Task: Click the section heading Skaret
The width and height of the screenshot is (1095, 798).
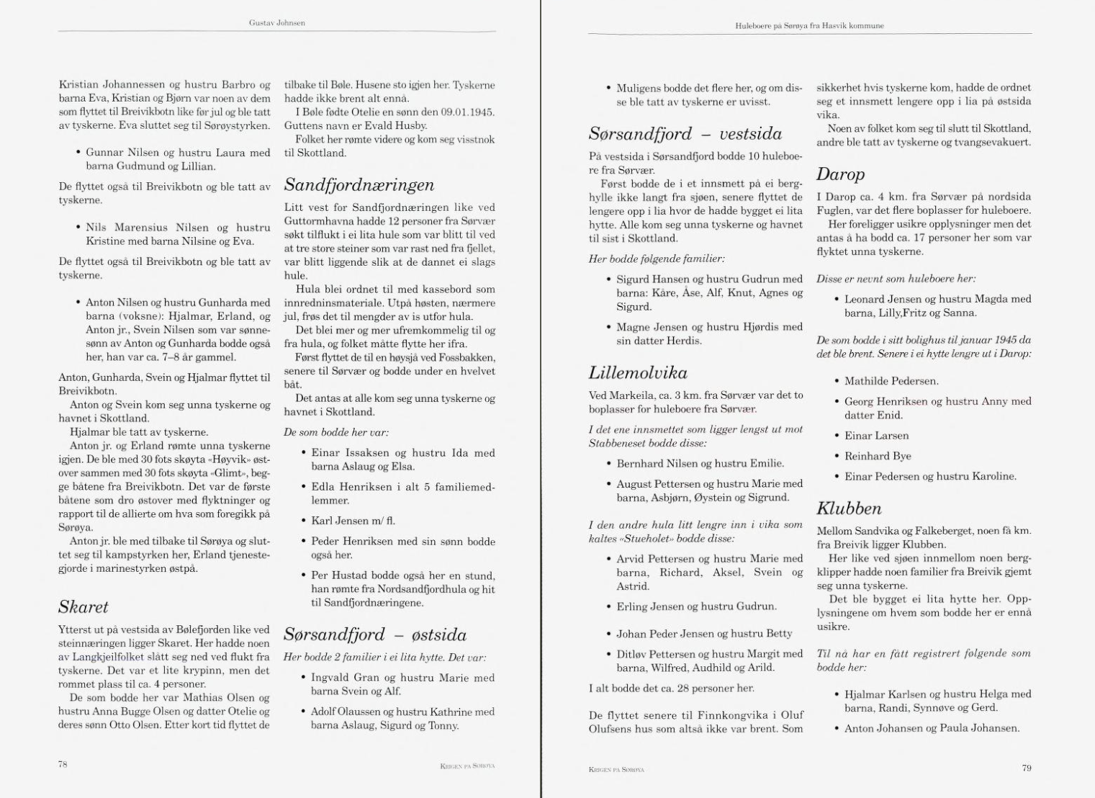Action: pyautogui.click(x=83, y=606)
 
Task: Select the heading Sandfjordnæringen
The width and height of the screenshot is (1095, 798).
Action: pyautogui.click(x=359, y=184)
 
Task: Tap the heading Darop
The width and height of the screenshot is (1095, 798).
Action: pyautogui.click(x=840, y=174)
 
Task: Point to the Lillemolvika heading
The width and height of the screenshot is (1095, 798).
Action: pyautogui.click(x=637, y=372)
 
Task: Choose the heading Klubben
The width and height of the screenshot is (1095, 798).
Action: pyautogui.click(x=849, y=508)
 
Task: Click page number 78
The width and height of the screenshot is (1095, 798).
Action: pyautogui.click(x=63, y=765)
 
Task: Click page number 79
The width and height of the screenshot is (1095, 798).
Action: pyautogui.click(x=1027, y=768)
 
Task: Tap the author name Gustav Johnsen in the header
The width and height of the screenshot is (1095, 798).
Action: pyautogui.click(x=277, y=23)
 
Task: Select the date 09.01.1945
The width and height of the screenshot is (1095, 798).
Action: pyautogui.click(x=468, y=112)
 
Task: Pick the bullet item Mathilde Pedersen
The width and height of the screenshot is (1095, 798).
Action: pyautogui.click(x=891, y=381)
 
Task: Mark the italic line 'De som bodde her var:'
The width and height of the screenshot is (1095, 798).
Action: pyautogui.click(x=336, y=433)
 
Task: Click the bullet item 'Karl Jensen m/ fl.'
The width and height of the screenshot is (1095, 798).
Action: pyautogui.click(x=353, y=521)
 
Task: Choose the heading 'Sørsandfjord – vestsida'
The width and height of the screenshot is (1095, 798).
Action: pyautogui.click(x=685, y=134)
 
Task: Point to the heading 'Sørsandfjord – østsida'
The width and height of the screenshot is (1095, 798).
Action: pyautogui.click(x=374, y=635)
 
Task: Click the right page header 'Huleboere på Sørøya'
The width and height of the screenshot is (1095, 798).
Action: pyautogui.click(x=809, y=26)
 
